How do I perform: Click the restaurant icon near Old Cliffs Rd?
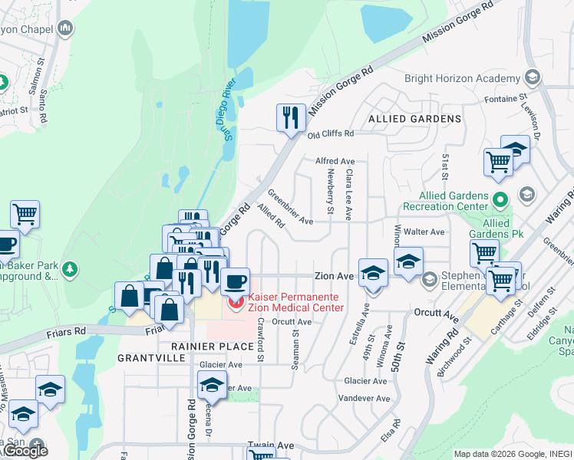coord(291,117)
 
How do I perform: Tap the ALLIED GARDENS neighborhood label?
coord(414,119)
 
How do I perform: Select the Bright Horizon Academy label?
coord(462,79)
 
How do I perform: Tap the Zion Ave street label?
coord(333,276)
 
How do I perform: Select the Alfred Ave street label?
coord(335,161)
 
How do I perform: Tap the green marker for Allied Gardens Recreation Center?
coord(500,202)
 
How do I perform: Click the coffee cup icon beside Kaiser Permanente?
coord(236,280)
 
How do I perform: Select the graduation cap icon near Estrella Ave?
coord(373,272)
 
